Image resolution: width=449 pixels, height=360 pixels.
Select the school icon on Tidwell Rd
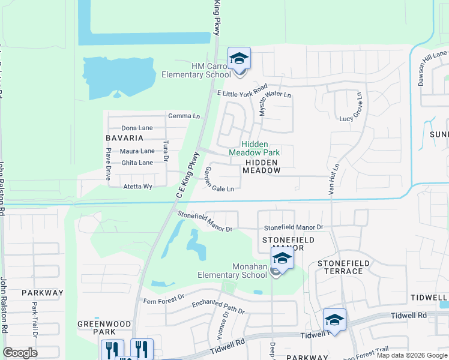pos(334,319)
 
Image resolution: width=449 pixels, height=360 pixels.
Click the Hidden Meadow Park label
pos(254,148)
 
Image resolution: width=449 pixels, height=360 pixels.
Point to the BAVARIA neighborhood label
pos(125,138)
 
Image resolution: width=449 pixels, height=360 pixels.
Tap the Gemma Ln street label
pos(184,116)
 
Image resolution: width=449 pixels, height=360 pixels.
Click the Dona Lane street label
pos(137,128)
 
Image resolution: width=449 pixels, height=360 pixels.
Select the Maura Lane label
pos(137,151)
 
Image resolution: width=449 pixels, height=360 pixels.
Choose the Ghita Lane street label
pos(137,163)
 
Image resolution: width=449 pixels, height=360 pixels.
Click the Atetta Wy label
pos(138,187)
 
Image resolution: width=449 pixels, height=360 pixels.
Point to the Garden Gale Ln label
pos(219,179)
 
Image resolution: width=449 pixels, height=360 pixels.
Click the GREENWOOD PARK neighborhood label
pos(104,328)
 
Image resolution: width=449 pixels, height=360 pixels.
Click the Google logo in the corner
pos(20,353)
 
